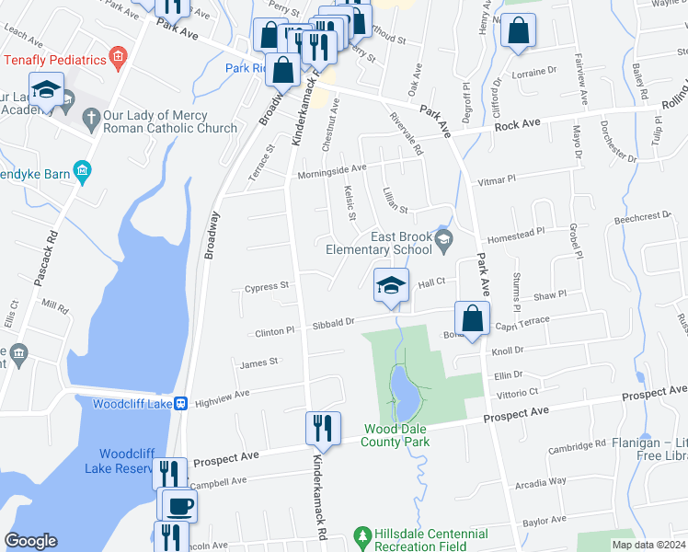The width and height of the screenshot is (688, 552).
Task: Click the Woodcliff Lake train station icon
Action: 181,403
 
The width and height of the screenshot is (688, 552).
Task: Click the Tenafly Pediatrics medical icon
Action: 117,60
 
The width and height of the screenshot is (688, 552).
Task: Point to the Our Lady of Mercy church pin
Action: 90,119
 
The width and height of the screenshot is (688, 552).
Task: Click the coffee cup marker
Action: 179,504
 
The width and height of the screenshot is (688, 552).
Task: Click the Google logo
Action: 30,541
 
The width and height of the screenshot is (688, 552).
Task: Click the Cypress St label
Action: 268,287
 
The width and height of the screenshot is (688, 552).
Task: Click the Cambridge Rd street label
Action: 577,445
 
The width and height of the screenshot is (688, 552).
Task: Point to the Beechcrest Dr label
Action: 642,217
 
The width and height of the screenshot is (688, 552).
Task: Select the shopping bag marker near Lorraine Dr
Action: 518,31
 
